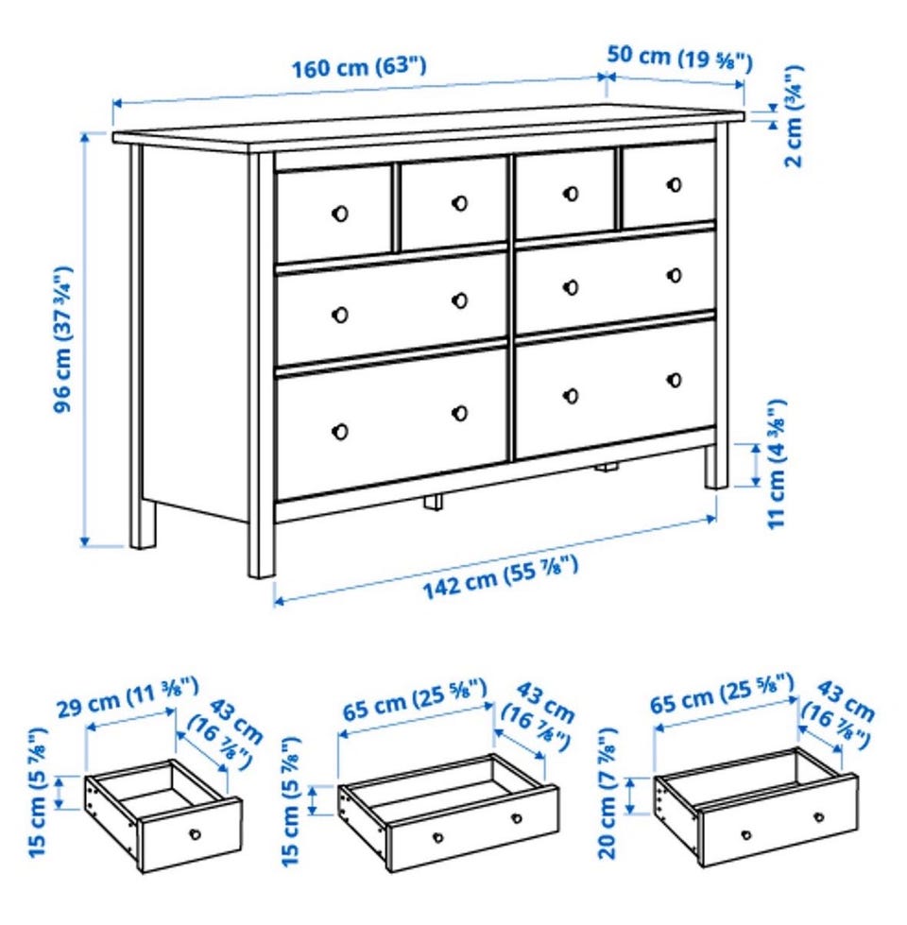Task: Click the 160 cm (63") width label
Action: tap(359, 67)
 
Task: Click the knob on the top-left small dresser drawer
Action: tap(340, 214)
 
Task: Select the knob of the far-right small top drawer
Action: tap(674, 184)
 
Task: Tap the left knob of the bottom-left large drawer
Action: tap(340, 432)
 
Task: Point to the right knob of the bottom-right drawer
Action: tap(674, 380)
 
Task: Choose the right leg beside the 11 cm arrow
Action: tap(716, 467)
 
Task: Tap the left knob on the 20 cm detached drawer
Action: tap(746, 835)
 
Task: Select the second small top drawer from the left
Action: tap(453, 203)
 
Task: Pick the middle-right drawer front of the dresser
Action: tap(616, 281)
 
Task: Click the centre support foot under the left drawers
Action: tap(433, 502)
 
